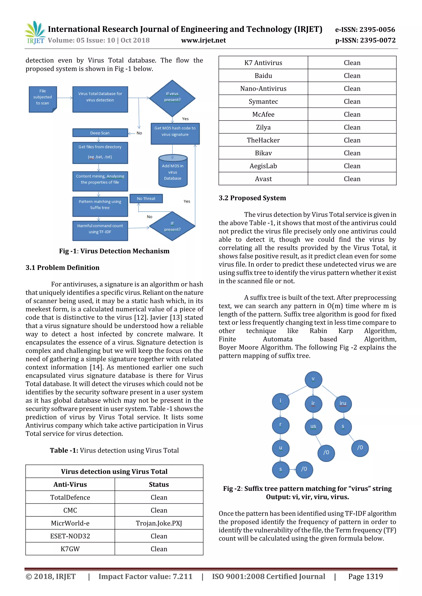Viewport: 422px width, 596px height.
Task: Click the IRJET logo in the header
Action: pyautogui.click(x=35, y=33)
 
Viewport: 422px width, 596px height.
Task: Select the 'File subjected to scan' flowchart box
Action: pyautogui.click(x=43, y=99)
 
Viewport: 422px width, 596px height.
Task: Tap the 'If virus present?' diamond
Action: pyautogui.click(x=172, y=98)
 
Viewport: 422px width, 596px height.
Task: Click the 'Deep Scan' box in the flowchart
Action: pyautogui.click(x=100, y=133)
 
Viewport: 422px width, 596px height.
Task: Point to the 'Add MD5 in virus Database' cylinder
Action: pyautogui.click(x=173, y=171)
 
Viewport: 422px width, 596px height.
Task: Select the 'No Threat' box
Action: pyautogui.click(x=146, y=199)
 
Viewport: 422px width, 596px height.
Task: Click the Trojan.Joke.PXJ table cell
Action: pyautogui.click(x=159, y=523)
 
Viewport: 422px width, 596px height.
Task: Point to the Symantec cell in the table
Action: pyautogui.click(x=263, y=101)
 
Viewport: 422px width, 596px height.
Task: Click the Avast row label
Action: pyautogui.click(x=263, y=179)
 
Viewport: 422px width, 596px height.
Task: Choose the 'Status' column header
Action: pyautogui.click(x=159, y=484)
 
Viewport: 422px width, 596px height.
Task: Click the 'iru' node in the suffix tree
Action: pyautogui.click(x=343, y=404)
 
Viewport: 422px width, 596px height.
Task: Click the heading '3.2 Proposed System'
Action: pyautogui.click(x=252, y=198)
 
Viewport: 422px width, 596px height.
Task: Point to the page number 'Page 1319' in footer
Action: pyautogui.click(x=365, y=576)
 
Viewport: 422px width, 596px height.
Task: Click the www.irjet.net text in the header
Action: pyautogui.click(x=203, y=41)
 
